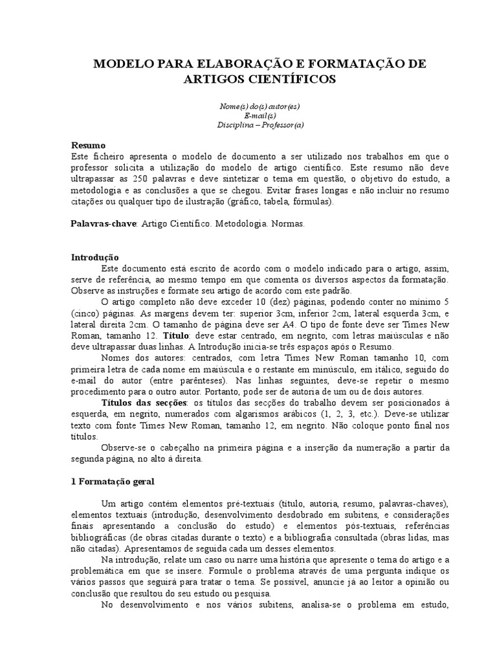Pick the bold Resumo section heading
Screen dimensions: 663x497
(x=88, y=146)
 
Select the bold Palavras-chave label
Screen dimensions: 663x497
(x=102, y=223)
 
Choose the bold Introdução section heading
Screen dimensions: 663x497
(x=94, y=257)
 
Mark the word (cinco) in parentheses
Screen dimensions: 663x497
(x=85, y=313)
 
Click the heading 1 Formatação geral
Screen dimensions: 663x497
(x=112, y=482)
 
